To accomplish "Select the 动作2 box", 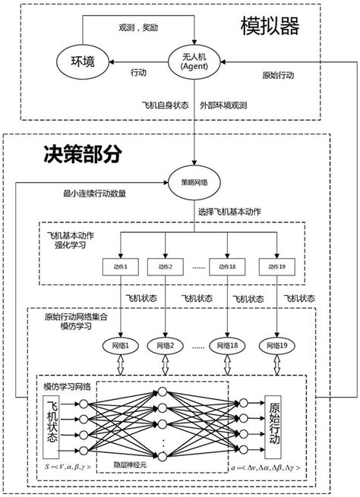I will click(x=165, y=266).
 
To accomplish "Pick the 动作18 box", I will click(x=229, y=266).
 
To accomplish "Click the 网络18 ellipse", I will click(x=229, y=346).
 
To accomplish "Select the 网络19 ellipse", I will click(x=275, y=346).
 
